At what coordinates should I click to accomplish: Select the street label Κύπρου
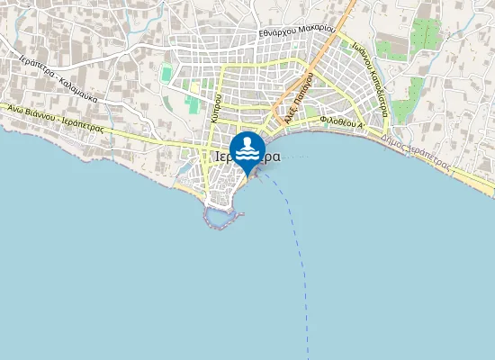tap(216, 105)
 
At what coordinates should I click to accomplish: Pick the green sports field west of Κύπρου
tap(193, 103)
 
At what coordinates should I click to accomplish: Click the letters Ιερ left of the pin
tap(225, 156)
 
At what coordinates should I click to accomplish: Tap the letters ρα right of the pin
tap(271, 156)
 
